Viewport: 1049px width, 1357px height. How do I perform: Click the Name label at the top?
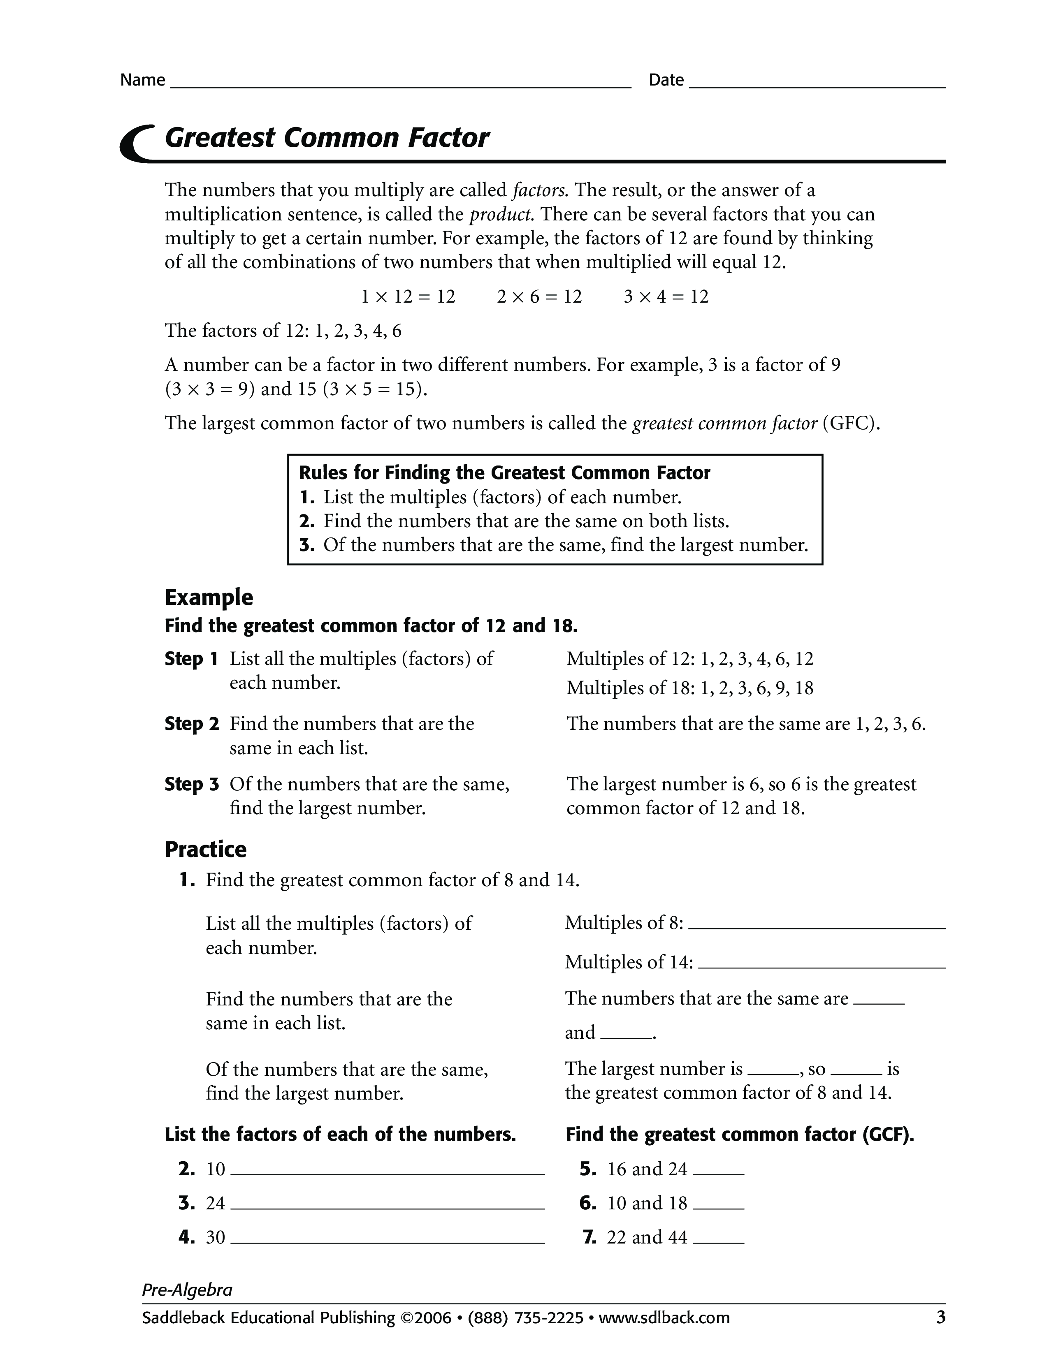142,80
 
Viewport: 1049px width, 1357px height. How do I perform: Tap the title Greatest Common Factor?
327,138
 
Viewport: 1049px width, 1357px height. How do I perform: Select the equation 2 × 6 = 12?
539,297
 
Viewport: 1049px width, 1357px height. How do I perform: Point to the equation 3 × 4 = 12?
666,297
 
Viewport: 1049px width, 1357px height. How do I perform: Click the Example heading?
209,598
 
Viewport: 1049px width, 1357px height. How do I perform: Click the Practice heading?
205,850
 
